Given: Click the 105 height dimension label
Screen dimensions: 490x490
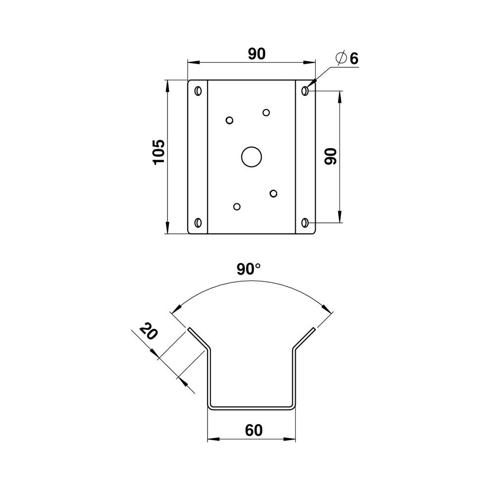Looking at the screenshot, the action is click(159, 152).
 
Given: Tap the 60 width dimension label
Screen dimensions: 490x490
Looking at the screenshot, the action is click(253, 430).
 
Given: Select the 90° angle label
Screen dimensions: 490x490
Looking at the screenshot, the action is click(248, 269).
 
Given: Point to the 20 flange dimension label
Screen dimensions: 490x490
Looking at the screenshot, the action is click(148, 332).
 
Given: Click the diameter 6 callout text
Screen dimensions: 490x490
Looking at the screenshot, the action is click(347, 58).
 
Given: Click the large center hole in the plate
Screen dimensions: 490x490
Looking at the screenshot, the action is click(251, 157).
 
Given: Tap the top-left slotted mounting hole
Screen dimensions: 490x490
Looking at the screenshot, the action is click(198, 91).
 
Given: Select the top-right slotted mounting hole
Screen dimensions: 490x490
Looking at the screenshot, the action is click(305, 91).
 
